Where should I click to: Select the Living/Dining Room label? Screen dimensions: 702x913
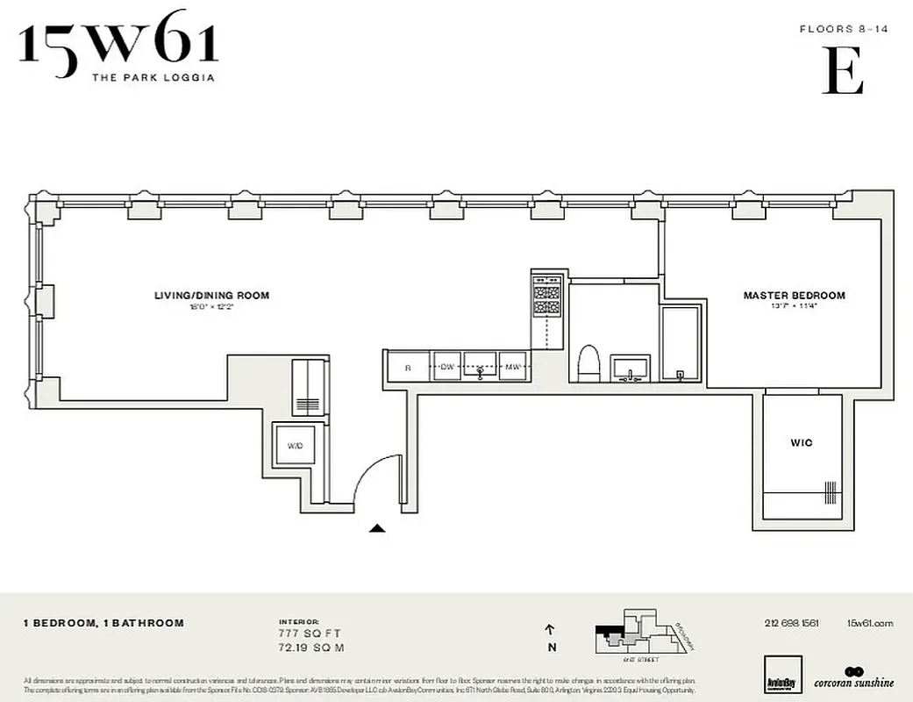pyautogui.click(x=211, y=296)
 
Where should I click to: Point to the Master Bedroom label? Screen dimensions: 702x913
pyautogui.click(x=794, y=296)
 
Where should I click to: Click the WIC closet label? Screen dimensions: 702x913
pyautogui.click(x=802, y=443)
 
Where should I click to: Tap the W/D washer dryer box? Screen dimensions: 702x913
pyautogui.click(x=296, y=446)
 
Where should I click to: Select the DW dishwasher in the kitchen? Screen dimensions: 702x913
pyautogui.click(x=447, y=367)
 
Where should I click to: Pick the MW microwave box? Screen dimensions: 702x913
pyautogui.click(x=512, y=367)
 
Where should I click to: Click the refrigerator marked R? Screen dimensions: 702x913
pyautogui.click(x=408, y=367)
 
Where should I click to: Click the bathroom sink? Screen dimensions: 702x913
pyautogui.click(x=631, y=368)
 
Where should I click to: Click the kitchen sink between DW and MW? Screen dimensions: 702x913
pyautogui.click(x=480, y=367)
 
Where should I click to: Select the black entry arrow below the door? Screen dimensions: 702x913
pyautogui.click(x=376, y=528)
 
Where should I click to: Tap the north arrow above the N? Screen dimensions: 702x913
pyautogui.click(x=550, y=629)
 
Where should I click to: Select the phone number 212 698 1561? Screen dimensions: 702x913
pyautogui.click(x=791, y=623)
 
